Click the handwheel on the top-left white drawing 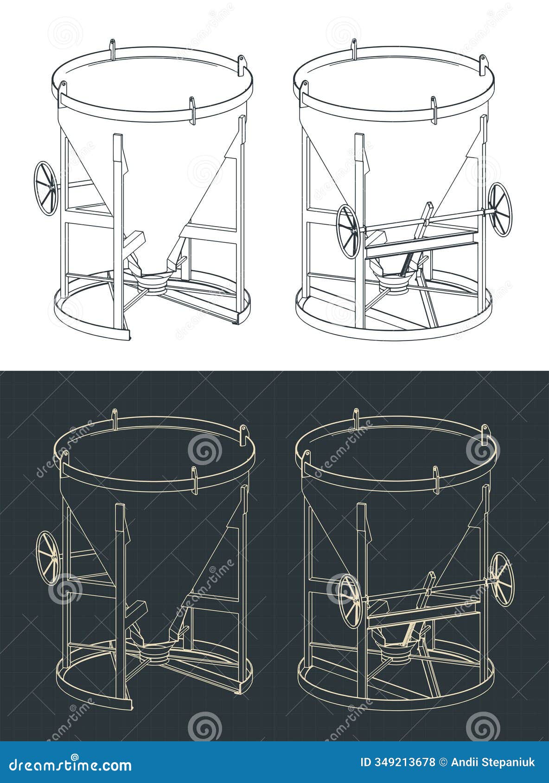coord(45,188)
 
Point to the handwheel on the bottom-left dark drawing coord(48,558)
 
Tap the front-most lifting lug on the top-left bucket coord(192,110)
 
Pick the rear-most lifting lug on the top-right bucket coord(354,49)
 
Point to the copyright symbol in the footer coord(444,762)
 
